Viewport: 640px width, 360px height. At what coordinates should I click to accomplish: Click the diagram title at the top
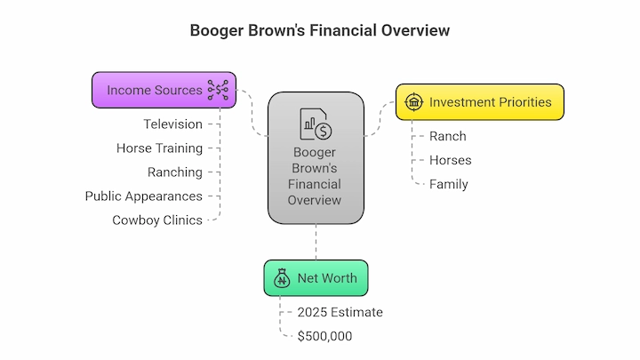click(x=320, y=30)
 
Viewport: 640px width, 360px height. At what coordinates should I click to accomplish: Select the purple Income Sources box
click(x=164, y=90)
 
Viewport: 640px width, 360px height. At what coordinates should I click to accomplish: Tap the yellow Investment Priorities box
click(x=480, y=102)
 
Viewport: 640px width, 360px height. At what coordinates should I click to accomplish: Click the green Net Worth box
click(x=316, y=278)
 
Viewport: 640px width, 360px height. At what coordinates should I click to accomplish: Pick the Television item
click(x=172, y=124)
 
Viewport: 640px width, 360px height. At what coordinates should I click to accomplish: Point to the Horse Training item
click(x=159, y=148)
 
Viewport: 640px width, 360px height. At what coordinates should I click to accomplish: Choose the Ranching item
click(x=175, y=172)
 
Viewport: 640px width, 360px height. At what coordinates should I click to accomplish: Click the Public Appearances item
click(x=144, y=196)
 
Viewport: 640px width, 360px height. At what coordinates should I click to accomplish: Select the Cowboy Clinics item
click(x=157, y=220)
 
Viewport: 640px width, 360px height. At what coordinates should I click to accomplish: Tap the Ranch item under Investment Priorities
click(x=448, y=136)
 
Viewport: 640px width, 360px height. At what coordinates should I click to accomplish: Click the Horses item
click(x=450, y=160)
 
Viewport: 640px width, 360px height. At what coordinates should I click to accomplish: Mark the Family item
click(x=449, y=185)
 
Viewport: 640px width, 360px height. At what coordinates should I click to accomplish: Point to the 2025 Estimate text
click(x=340, y=312)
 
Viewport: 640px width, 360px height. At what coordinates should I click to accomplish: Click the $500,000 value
click(x=325, y=336)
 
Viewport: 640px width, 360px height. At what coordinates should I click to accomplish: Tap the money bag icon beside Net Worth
click(x=282, y=278)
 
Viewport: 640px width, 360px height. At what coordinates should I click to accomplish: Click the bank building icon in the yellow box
click(x=414, y=101)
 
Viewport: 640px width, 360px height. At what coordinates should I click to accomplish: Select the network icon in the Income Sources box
click(x=218, y=90)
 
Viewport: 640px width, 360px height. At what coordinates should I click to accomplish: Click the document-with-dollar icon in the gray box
click(x=316, y=124)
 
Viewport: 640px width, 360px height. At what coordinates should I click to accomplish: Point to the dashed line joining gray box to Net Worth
click(x=316, y=242)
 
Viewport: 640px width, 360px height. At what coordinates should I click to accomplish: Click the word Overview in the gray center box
click(x=315, y=200)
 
